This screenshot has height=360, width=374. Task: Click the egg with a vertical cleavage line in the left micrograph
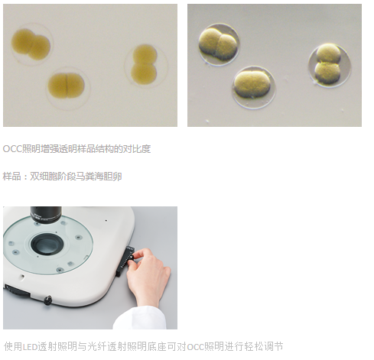[67, 86]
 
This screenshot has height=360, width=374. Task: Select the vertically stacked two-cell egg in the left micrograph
[144, 64]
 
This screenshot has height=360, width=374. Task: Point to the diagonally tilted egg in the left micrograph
[31, 44]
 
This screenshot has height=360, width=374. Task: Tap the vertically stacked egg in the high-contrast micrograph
[328, 64]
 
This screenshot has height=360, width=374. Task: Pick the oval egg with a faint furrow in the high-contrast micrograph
[252, 85]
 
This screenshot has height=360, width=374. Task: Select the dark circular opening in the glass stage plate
[47, 244]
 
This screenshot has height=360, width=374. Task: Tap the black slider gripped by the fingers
[125, 261]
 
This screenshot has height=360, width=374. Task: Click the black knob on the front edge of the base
[47, 300]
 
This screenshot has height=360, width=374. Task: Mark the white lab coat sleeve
[140, 319]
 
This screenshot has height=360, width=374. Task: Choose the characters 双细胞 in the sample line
[44, 177]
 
